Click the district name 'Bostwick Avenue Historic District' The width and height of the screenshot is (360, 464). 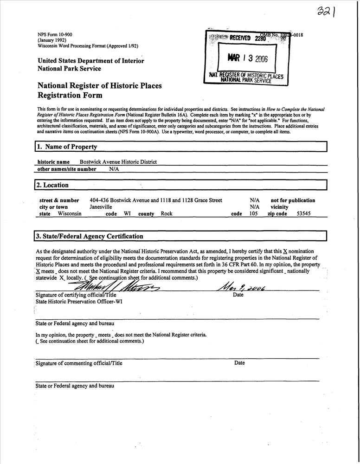tap(118, 162)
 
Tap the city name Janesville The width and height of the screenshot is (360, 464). tap(101, 207)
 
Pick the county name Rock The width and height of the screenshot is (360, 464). tap(167, 214)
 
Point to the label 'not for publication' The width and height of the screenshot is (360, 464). tap(293, 200)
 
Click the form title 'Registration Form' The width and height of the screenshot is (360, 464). tap(70, 96)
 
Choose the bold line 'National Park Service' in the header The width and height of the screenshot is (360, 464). tap(69, 69)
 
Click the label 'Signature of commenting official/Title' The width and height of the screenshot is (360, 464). tap(79, 363)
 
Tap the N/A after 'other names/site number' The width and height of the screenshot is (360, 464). tap(114, 169)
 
